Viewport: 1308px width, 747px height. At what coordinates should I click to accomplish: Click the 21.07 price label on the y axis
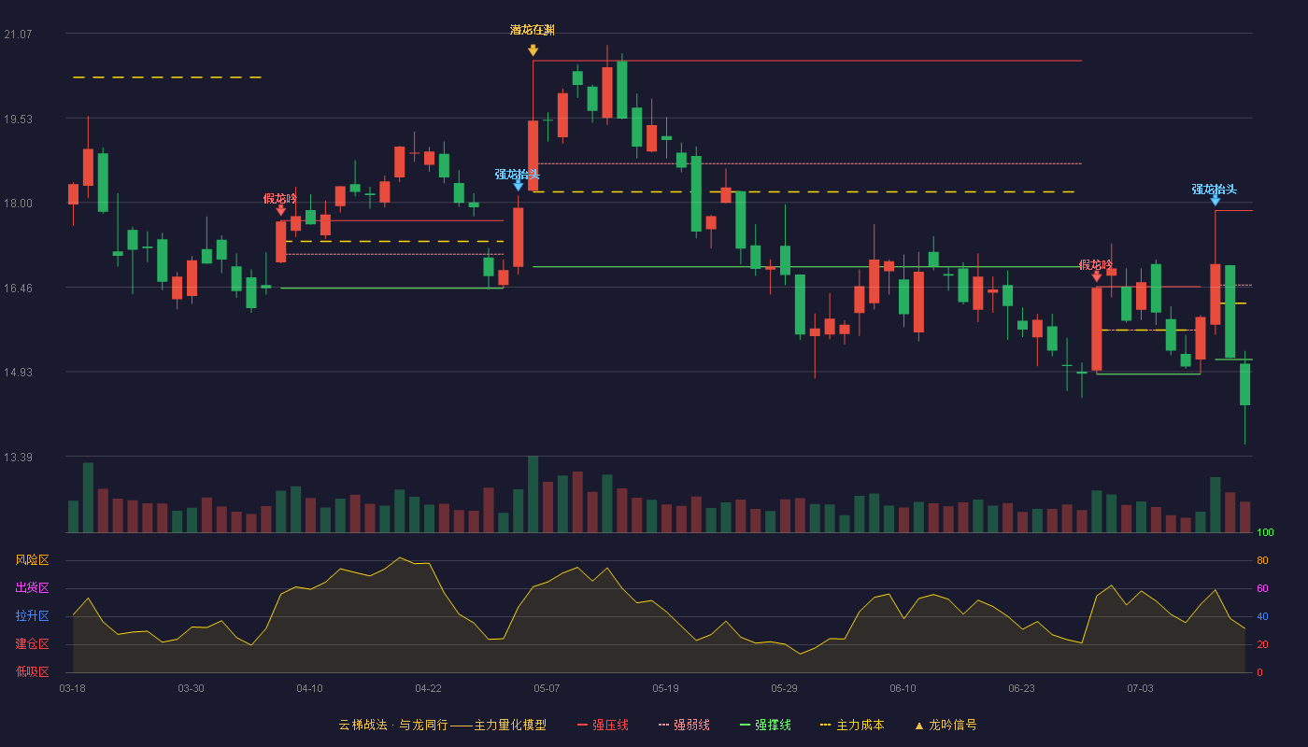click(x=18, y=35)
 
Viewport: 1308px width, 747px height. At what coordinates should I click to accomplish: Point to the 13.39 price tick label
click(x=18, y=457)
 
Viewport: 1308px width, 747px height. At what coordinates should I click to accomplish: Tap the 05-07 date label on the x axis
click(x=547, y=689)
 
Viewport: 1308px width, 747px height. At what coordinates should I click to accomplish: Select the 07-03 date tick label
click(x=1140, y=689)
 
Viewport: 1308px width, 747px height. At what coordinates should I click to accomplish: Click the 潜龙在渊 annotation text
click(x=532, y=30)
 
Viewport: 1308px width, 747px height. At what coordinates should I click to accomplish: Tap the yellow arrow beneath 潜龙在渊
click(x=533, y=50)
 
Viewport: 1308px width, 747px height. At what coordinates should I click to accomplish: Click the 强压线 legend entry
click(x=604, y=725)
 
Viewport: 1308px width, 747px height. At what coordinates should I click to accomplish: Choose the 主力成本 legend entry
click(x=852, y=725)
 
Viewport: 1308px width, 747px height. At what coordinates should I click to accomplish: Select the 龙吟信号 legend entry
click(x=945, y=725)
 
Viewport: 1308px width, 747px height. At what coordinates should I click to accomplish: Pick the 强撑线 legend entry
click(x=765, y=725)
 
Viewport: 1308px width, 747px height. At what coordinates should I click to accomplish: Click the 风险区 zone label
click(x=32, y=559)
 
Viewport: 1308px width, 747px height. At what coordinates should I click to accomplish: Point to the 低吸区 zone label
click(x=32, y=671)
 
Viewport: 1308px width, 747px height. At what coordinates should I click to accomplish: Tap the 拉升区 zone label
click(x=32, y=615)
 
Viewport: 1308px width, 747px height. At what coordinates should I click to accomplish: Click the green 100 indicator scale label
click(x=1265, y=532)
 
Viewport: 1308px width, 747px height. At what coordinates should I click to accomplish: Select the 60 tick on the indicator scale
click(x=1262, y=588)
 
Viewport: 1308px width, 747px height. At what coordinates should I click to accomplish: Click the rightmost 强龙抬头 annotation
click(x=1214, y=189)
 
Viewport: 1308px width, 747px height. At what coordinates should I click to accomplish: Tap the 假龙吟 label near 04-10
click(x=279, y=198)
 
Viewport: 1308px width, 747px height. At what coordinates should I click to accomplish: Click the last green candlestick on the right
click(x=1244, y=384)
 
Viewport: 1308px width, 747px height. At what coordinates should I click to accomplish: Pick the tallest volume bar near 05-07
click(x=533, y=494)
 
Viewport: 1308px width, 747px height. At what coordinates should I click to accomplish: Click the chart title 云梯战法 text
click(x=363, y=725)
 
